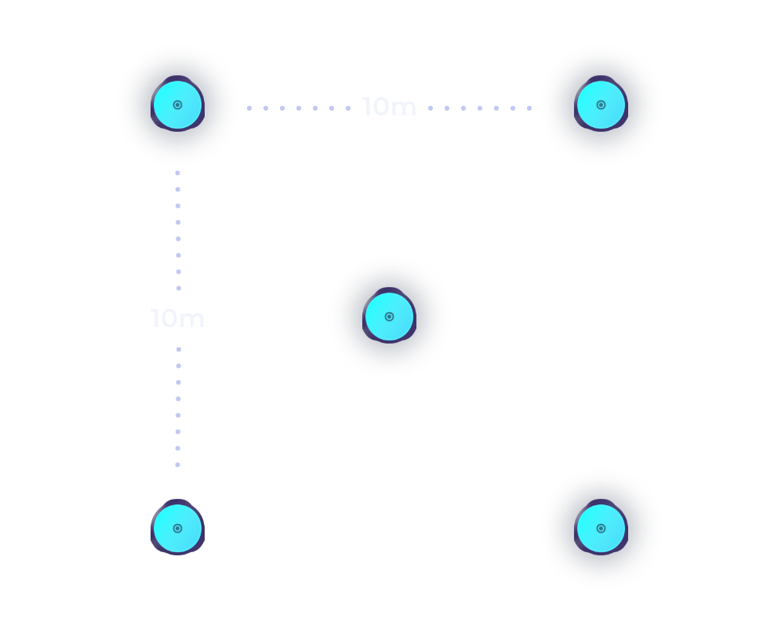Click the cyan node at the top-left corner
(178, 104)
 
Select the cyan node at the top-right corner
(601, 104)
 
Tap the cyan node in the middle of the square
(389, 316)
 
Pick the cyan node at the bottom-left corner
(178, 528)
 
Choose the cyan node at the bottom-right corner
(601, 528)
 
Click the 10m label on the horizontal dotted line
(389, 107)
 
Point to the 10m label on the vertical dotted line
(177, 318)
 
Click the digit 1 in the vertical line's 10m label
(155, 318)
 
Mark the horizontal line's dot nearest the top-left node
(249, 108)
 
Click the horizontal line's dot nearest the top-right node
(529, 108)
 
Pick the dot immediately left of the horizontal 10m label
(348, 108)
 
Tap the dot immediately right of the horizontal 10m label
(431, 108)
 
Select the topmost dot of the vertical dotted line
(178, 173)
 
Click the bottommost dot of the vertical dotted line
(178, 464)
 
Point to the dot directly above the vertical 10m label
(179, 289)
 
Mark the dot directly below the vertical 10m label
(179, 350)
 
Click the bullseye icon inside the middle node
(389, 317)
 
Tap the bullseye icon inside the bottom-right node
(601, 529)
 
